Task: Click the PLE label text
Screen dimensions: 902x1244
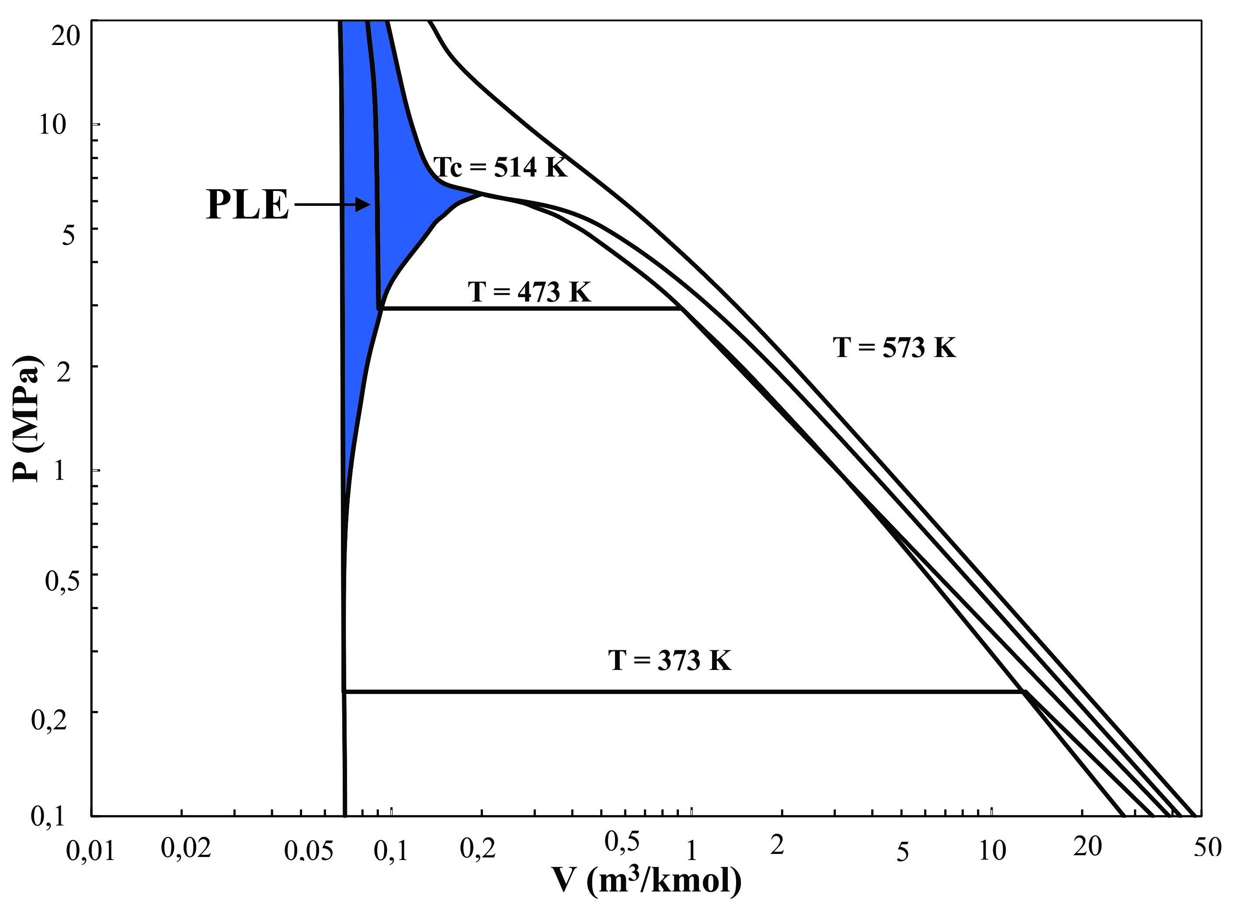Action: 247,205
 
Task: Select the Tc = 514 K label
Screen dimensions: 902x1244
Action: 500,167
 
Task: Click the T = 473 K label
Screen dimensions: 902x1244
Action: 529,292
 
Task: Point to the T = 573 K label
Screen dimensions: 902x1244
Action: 894,347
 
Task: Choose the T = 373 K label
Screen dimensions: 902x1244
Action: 670,660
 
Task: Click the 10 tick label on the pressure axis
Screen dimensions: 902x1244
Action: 52,125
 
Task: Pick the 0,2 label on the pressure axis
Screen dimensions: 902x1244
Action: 49,719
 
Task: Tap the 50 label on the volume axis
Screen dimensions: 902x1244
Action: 1207,847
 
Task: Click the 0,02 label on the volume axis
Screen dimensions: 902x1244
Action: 186,848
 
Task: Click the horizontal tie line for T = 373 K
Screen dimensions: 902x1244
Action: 680,692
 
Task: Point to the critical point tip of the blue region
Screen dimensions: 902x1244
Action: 482,194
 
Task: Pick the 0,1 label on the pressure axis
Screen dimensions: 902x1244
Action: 48,816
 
